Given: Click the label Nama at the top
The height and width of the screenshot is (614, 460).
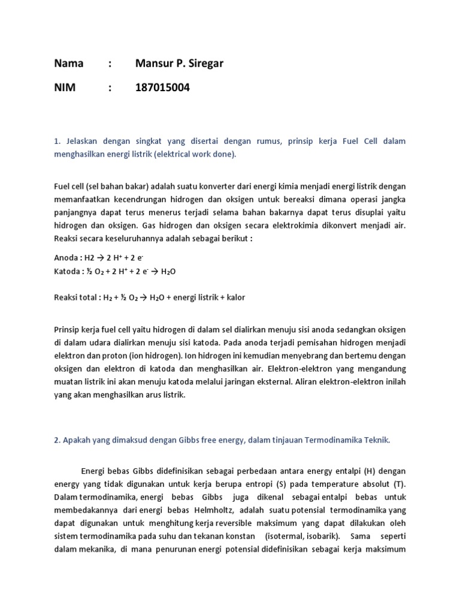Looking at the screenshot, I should [69, 64].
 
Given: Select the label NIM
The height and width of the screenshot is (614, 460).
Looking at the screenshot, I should [65, 88].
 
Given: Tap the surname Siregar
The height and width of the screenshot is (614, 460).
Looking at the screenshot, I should [204, 64].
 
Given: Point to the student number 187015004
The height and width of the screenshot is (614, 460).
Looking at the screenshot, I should [163, 88].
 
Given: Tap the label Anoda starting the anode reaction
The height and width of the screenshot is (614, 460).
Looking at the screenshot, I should [66, 258].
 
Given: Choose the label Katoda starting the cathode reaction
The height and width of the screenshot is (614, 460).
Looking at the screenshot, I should [68, 271].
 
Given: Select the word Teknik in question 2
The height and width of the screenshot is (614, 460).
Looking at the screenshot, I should [376, 440].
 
